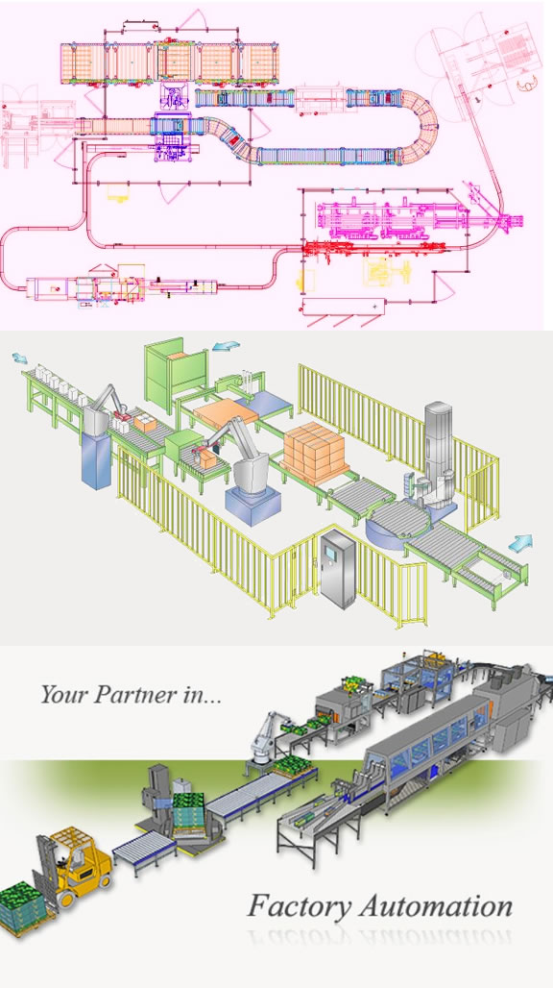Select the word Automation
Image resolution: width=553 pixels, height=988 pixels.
click(x=435, y=906)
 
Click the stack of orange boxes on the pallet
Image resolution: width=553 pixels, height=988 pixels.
click(x=314, y=447)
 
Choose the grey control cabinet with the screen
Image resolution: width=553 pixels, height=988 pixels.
click(x=337, y=568)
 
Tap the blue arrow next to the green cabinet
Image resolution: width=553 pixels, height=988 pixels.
click(x=226, y=345)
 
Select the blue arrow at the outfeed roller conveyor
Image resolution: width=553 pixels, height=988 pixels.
click(x=521, y=541)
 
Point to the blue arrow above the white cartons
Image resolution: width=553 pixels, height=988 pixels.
click(x=20, y=358)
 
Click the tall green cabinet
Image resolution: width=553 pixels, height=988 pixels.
click(x=176, y=376)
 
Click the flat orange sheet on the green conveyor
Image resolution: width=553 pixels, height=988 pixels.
click(x=226, y=412)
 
